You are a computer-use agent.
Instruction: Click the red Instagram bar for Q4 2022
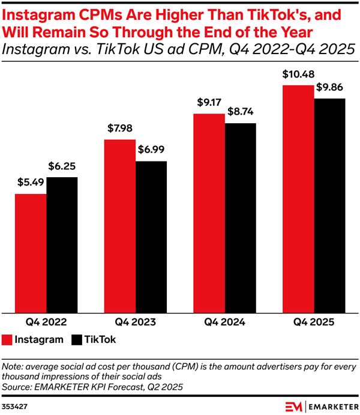pyautogui.click(x=31, y=253)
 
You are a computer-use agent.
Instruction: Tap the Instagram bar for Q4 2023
pyautogui.click(x=120, y=226)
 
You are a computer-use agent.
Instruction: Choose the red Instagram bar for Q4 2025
pyautogui.click(x=298, y=199)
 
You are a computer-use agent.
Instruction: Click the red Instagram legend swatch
pyautogui.click(x=7, y=339)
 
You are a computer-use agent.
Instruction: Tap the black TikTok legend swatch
pyautogui.click(x=77, y=339)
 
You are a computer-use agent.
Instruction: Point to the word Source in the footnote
pyautogui.click(x=19, y=386)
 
